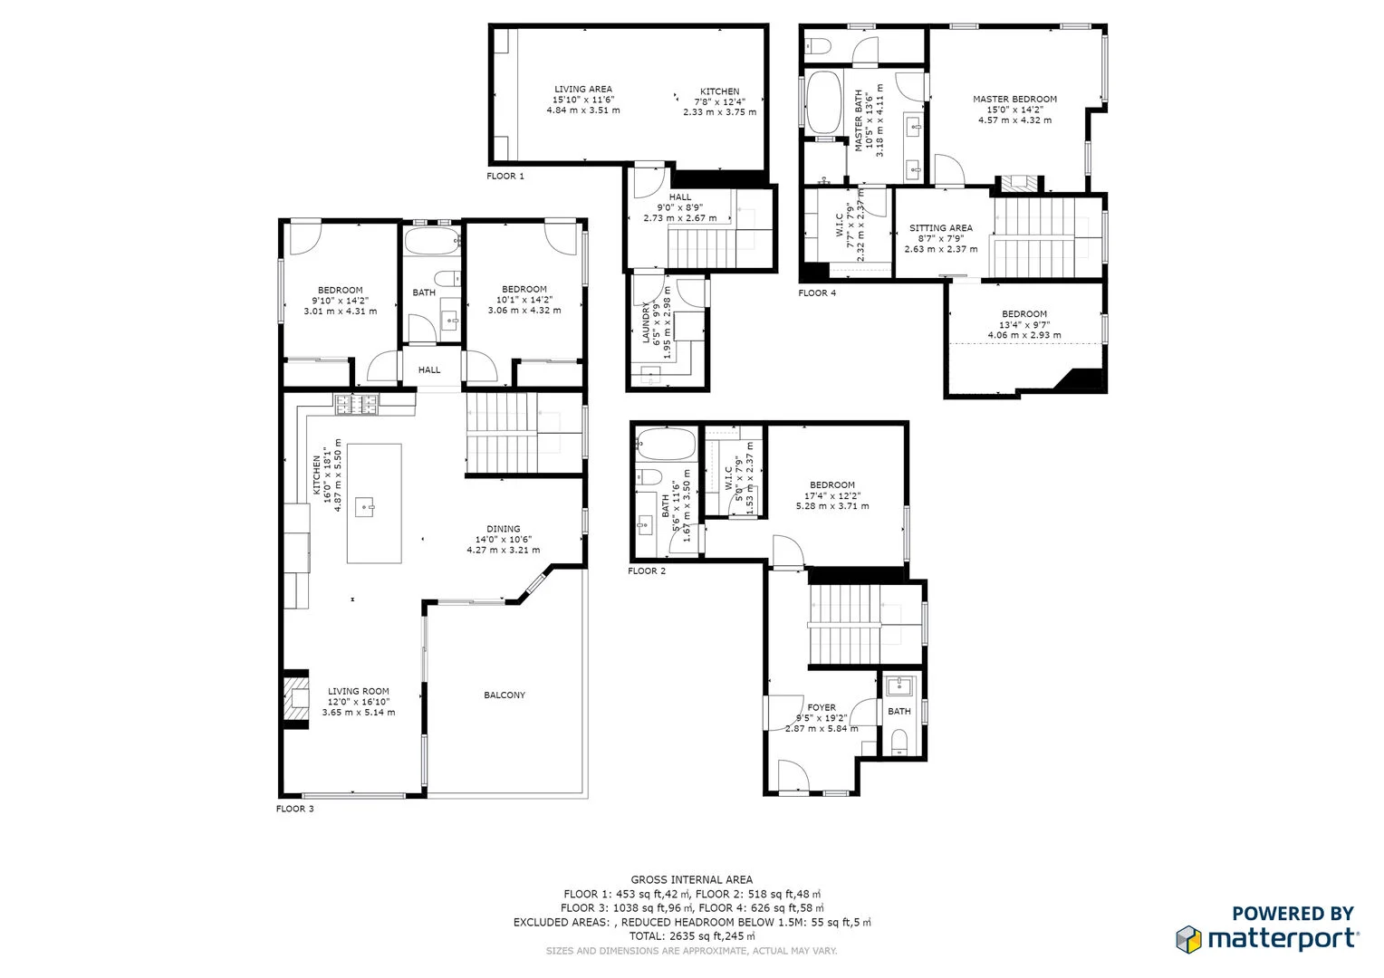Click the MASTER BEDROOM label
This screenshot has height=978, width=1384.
tap(1014, 99)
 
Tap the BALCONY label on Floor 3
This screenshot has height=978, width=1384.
tap(505, 695)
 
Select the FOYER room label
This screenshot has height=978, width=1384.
tap(822, 707)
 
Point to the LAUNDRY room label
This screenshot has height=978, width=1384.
tap(647, 323)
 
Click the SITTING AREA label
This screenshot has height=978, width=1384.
tap(941, 228)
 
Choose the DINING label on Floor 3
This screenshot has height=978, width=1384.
tap(504, 529)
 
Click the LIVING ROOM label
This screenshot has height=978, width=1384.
tap(359, 691)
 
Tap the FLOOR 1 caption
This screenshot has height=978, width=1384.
tap(505, 176)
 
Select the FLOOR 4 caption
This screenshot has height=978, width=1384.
tap(817, 292)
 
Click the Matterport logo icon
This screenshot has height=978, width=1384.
tap(1188, 939)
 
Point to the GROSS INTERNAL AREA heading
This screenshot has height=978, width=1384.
tap(692, 879)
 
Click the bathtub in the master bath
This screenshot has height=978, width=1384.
tap(824, 102)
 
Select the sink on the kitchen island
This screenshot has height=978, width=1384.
tap(365, 506)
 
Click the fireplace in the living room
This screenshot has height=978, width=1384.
tap(295, 700)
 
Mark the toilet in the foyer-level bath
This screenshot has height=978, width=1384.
tap(899, 743)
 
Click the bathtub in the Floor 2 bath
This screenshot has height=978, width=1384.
tap(666, 445)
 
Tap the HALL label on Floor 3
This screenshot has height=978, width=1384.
tap(429, 369)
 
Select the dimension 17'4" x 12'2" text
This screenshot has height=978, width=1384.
tap(832, 495)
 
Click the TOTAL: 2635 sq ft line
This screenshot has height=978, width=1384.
tap(692, 936)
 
